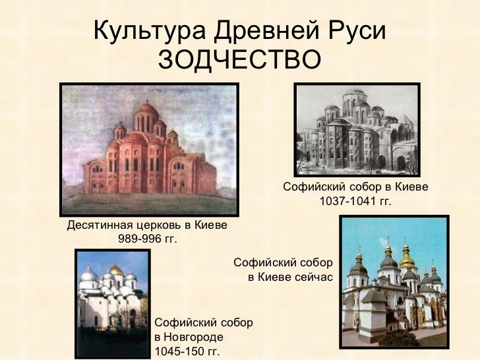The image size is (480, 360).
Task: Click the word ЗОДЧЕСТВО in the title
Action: tap(240, 59)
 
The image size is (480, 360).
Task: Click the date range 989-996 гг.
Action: tap(148, 238)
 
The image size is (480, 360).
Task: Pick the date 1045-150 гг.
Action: tap(187, 351)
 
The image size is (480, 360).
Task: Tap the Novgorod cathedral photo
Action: tap(112, 300)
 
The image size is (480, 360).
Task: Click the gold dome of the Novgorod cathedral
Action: tap(116, 270)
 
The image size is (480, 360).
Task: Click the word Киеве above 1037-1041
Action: tap(412, 188)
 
